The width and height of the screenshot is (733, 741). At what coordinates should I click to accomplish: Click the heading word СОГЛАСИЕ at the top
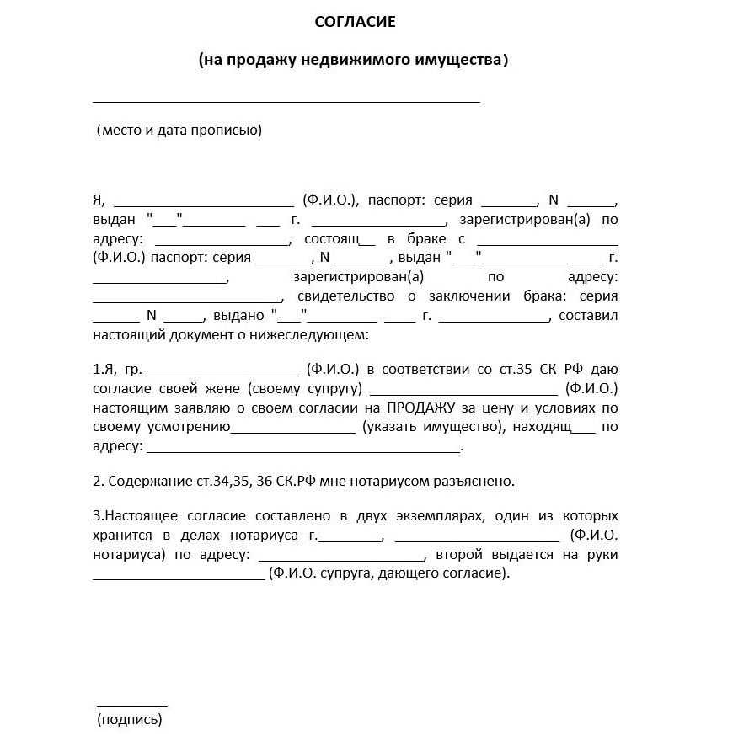355,22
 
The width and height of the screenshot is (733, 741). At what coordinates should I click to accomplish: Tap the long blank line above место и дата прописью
286,101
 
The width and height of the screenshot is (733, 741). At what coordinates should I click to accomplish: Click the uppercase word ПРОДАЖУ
422,408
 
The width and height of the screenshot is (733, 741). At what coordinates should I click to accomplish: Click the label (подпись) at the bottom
130,719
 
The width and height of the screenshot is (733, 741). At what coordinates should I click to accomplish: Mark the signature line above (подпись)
132,706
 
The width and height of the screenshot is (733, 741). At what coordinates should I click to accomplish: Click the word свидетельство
345,296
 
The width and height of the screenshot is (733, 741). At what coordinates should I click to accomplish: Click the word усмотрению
189,427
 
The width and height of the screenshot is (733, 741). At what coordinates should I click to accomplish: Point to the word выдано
240,316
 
